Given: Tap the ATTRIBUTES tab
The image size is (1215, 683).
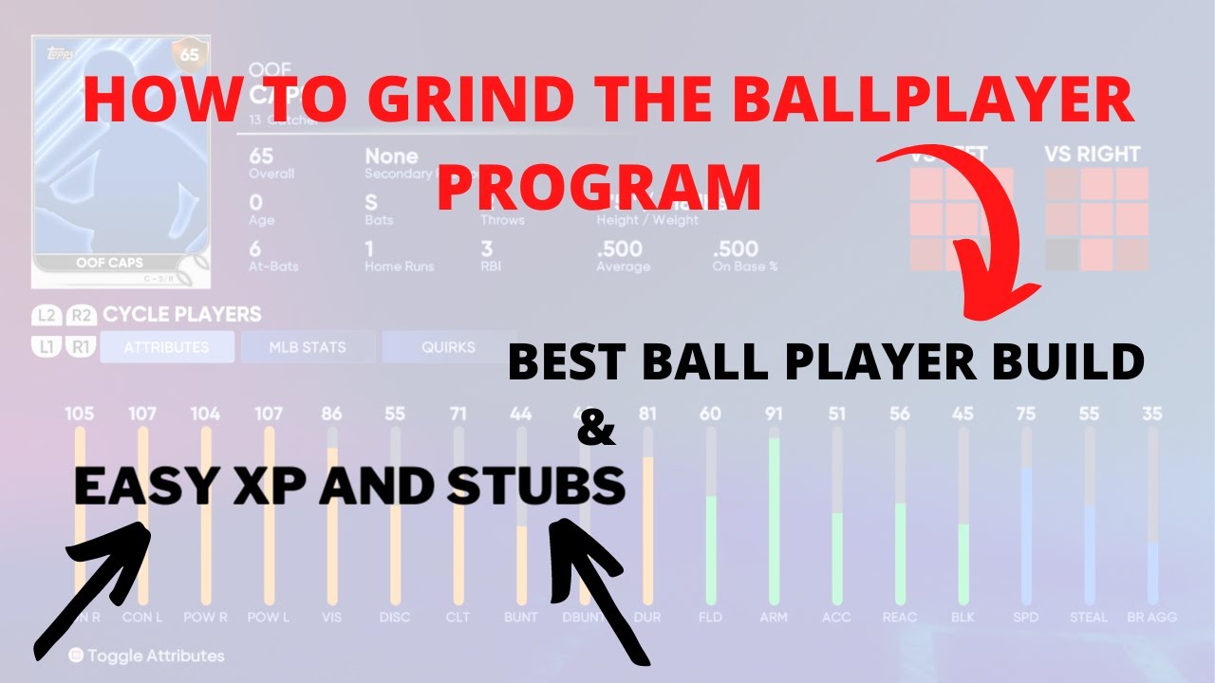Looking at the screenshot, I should tap(166, 347).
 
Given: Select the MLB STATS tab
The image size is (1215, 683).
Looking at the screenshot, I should tap(307, 347).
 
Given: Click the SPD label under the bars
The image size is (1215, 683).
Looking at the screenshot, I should tap(1027, 617).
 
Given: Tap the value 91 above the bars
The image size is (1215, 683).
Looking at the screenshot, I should tap(775, 414).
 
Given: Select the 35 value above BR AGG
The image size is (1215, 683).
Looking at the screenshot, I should tap(1152, 414).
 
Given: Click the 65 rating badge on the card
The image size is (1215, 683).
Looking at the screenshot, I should tap(190, 55).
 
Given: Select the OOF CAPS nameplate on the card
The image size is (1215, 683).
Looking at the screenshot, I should tap(120, 263).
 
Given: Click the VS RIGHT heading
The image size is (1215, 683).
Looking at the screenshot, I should tap(1092, 154).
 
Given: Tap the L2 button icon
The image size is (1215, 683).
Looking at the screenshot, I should tap(46, 315).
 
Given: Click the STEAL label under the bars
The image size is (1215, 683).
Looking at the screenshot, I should tap(1088, 617).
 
